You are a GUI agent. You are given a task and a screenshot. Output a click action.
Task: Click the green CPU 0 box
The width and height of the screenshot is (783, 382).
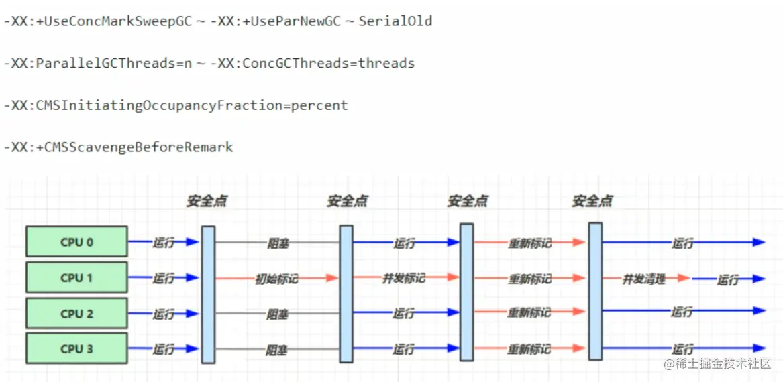pyautogui.click(x=76, y=243)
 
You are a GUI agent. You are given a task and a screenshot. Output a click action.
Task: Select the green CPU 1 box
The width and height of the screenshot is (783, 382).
pyautogui.click(x=76, y=278)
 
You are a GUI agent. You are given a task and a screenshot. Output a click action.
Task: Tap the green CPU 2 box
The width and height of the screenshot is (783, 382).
pyautogui.click(x=76, y=314)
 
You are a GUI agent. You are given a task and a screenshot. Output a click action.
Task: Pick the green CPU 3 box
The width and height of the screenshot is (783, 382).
pyautogui.click(x=76, y=349)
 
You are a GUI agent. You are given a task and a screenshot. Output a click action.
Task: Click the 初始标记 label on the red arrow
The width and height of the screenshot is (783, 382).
pyautogui.click(x=277, y=278)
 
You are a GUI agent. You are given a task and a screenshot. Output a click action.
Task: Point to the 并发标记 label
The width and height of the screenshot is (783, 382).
pyautogui.click(x=405, y=277)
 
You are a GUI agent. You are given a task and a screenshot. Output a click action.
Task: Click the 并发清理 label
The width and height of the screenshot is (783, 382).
pyautogui.click(x=643, y=279)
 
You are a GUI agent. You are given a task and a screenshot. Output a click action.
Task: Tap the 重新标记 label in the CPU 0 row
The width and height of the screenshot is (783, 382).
pyautogui.click(x=530, y=243)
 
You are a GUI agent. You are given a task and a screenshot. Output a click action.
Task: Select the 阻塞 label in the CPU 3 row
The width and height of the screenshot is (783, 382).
pyautogui.click(x=276, y=349)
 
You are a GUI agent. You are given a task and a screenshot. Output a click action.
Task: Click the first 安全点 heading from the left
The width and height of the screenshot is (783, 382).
pyautogui.click(x=207, y=202)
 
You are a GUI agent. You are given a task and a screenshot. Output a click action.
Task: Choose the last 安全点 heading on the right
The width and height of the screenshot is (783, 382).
pyautogui.click(x=592, y=202)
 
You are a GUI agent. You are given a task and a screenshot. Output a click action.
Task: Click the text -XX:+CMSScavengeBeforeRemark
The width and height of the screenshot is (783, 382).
pyautogui.click(x=118, y=147)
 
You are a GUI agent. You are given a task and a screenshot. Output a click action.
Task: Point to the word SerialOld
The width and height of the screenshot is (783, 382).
pyautogui.click(x=395, y=22)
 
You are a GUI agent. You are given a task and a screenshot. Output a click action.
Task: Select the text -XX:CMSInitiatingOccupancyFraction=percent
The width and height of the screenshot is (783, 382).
pyautogui.click(x=175, y=106)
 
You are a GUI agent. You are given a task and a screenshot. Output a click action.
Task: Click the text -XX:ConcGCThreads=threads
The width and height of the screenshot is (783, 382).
pyautogui.click(x=313, y=64)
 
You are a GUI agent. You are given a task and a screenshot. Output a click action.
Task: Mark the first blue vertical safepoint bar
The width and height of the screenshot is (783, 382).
pyautogui.click(x=208, y=294)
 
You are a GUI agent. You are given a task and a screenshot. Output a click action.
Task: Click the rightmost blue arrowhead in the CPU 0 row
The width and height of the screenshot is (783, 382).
pyautogui.click(x=759, y=243)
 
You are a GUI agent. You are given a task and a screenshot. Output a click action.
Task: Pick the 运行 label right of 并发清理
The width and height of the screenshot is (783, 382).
pyautogui.click(x=727, y=280)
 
